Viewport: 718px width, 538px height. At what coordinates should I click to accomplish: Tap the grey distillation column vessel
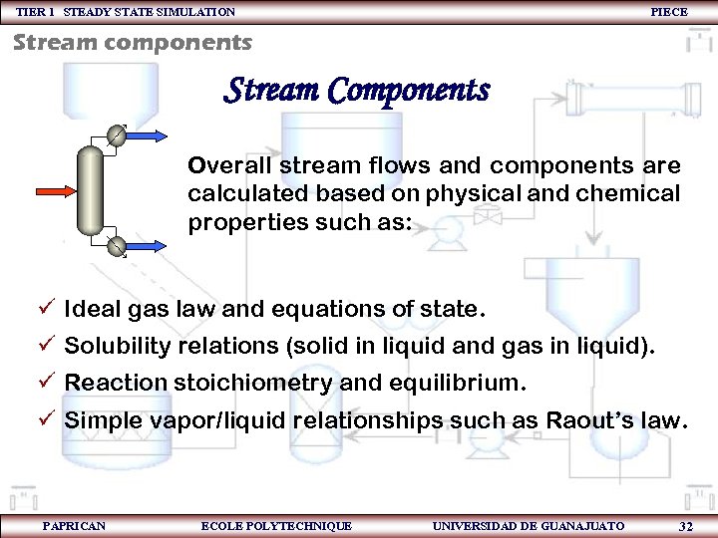(92, 189)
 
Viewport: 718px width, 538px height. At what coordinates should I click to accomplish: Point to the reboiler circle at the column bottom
(118, 245)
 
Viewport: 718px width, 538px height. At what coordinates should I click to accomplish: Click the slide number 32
(685, 526)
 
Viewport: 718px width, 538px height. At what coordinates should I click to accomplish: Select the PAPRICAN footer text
(74, 525)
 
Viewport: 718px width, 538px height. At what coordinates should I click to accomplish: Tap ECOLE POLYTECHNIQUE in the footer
(276, 525)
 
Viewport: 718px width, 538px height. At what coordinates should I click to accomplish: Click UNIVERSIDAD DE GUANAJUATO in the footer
(529, 525)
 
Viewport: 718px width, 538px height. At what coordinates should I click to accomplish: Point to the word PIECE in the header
(668, 12)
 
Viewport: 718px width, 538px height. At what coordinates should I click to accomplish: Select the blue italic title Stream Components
(357, 91)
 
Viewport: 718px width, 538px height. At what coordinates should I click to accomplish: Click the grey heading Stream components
(133, 43)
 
